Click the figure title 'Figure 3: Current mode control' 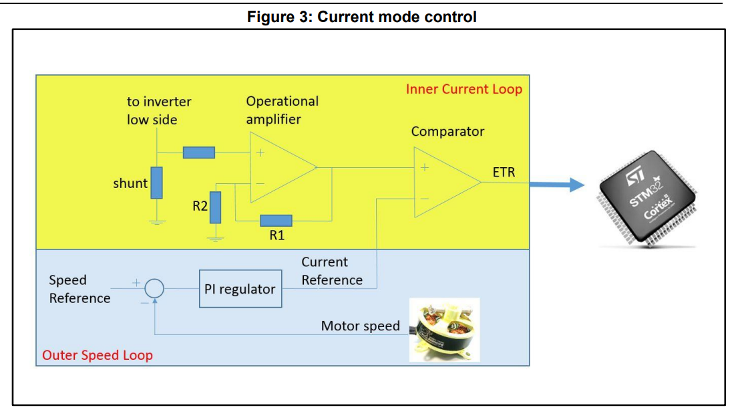click(x=361, y=17)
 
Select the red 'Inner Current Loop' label click(x=463, y=89)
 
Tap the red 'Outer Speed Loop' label click(x=97, y=355)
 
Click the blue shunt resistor click(x=156, y=183)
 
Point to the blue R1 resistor click(x=276, y=220)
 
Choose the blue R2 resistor click(x=215, y=207)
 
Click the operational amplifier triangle click(x=277, y=168)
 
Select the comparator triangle click(x=441, y=182)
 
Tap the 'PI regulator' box click(x=240, y=289)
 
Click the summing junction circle click(x=154, y=288)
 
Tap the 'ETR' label click(x=504, y=172)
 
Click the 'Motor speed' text click(x=360, y=326)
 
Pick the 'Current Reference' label click(x=331, y=271)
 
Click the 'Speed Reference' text click(x=79, y=289)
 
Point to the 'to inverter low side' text click(x=159, y=110)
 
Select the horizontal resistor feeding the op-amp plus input click(x=199, y=152)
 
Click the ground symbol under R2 click(x=215, y=237)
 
